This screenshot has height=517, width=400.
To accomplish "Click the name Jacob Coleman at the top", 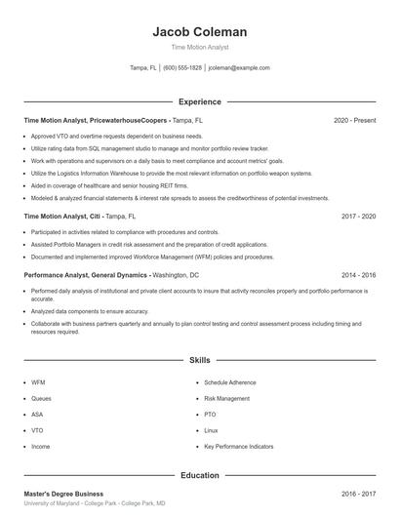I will pyautogui.click(x=200, y=31).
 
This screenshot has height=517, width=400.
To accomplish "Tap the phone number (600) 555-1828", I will pyautogui.click(x=182, y=68).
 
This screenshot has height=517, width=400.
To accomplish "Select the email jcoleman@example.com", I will pyautogui.click(x=239, y=68).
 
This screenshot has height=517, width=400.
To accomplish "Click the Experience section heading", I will pyautogui.click(x=200, y=101).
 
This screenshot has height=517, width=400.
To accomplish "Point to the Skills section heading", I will pyautogui.click(x=200, y=361).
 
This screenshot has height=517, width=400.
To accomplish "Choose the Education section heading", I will pyautogui.click(x=200, y=476).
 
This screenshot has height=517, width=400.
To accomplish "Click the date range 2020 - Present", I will pyautogui.click(x=354, y=120).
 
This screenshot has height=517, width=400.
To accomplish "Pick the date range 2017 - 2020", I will pyautogui.click(x=358, y=216).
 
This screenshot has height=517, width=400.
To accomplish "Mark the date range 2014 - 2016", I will pyautogui.click(x=358, y=276).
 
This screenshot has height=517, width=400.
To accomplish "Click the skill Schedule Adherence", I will pyautogui.click(x=231, y=382).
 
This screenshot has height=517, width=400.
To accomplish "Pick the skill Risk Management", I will pyautogui.click(x=227, y=398).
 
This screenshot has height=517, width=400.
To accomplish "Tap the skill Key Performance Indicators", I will pyautogui.click(x=239, y=446).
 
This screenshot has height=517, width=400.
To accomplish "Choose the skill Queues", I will pyautogui.click(x=41, y=398).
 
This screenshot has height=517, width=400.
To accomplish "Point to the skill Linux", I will pyautogui.click(x=211, y=430).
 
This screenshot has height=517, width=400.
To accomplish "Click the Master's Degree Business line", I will pyautogui.click(x=63, y=495).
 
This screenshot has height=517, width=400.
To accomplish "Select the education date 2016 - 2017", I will pyautogui.click(x=358, y=495).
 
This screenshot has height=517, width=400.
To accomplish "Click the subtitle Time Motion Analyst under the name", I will pyautogui.click(x=200, y=47).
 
